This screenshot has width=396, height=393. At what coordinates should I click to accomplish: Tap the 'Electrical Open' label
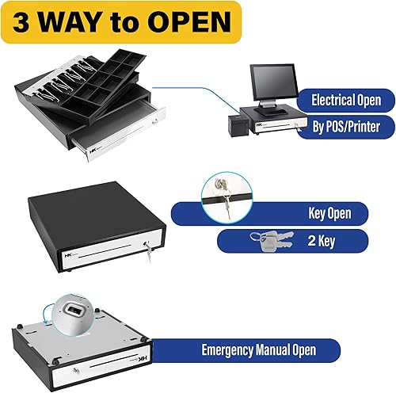pyautogui.click(x=345, y=101)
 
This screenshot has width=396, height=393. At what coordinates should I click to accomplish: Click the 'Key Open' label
pyautogui.click(x=329, y=213)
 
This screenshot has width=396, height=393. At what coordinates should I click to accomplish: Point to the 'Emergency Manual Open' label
pyautogui.click(x=258, y=349)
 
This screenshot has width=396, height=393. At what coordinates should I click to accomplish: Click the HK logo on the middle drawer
pyautogui.click(x=67, y=255)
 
